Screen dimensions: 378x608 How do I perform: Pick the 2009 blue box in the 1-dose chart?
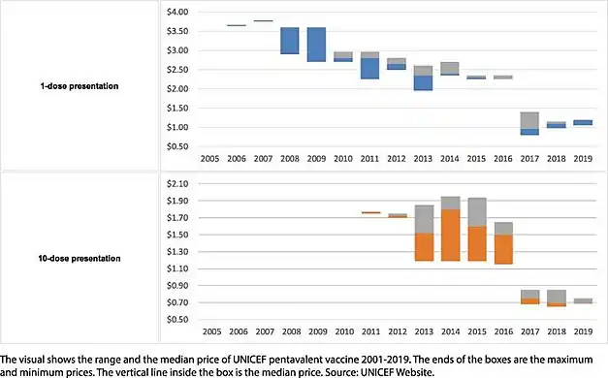(316, 45)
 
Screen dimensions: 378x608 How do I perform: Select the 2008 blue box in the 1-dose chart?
(289, 41)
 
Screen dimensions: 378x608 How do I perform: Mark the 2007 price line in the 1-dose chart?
(263, 20)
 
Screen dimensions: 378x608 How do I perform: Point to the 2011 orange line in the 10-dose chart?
(342, 212)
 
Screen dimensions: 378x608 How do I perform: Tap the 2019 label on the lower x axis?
(584, 330)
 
